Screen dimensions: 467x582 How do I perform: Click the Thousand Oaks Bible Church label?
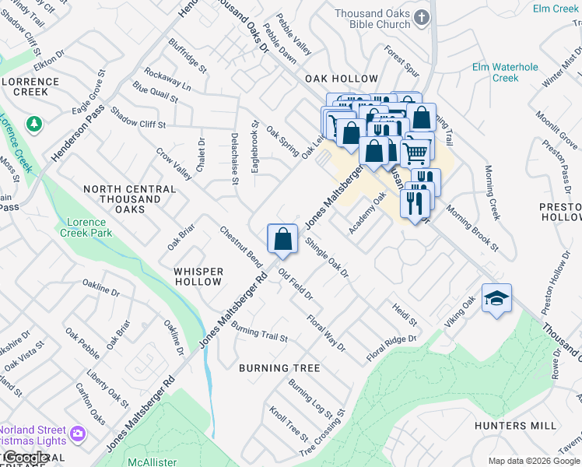tap(373, 19)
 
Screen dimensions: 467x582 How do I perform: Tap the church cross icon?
tap(422, 17)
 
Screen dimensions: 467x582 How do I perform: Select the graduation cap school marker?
tap(496, 299)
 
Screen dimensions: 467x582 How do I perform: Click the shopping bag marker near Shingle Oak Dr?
tap(282, 238)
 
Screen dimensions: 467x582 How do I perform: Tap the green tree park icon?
tap(33, 124)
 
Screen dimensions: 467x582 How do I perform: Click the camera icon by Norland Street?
tap(78, 434)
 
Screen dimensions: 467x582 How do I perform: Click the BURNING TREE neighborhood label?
tap(270, 367)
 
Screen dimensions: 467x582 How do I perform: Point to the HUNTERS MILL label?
tap(516, 426)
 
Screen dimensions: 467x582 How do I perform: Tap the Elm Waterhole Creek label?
tap(506, 72)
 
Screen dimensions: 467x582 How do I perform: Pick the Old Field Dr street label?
tap(296, 286)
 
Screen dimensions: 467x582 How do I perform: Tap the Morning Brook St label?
tap(472, 227)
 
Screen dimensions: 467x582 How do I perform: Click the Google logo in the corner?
tap(25, 458)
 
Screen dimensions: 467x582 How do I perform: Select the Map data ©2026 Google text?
tap(534, 462)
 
